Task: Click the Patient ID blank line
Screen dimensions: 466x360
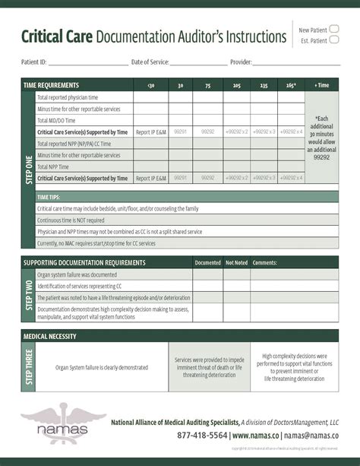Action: (88, 63)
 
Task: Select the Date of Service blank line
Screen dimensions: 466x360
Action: (198, 63)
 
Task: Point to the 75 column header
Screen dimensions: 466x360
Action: (207, 86)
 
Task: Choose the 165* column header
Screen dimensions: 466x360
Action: (290, 86)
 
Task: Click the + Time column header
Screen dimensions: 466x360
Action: (322, 86)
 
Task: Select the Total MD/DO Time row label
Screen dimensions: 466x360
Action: (56, 120)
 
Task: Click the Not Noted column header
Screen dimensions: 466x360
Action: (236, 262)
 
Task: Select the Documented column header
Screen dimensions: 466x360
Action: (207, 262)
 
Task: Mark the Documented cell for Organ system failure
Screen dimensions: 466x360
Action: (207, 274)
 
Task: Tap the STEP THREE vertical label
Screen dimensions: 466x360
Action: (28, 367)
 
